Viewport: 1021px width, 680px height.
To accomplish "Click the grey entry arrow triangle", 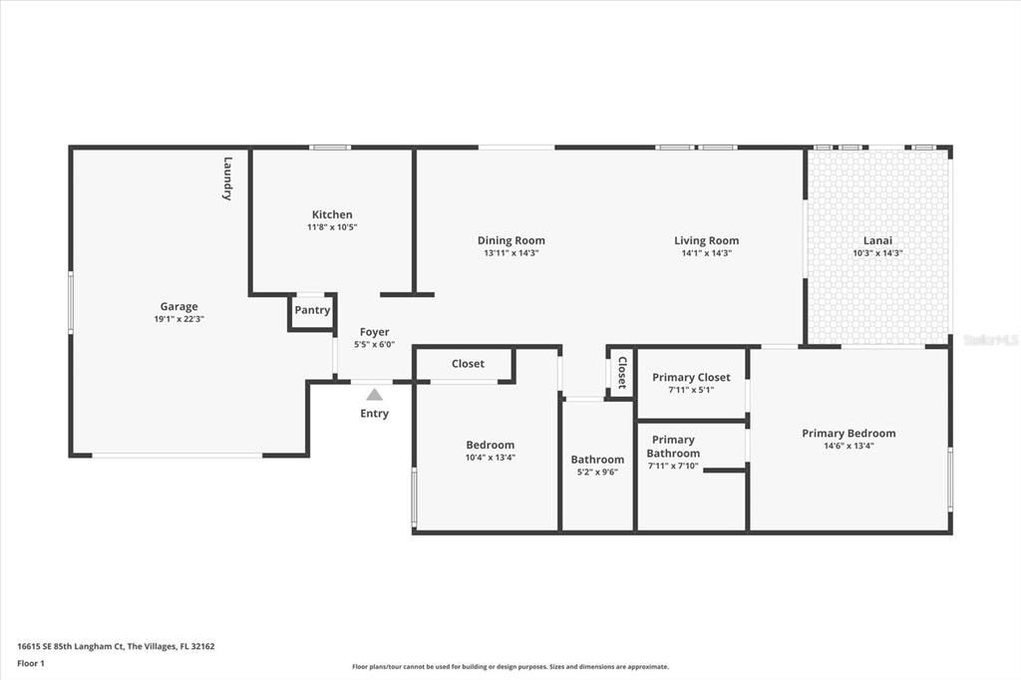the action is (x=375, y=394).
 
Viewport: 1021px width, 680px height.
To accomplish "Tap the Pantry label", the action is (x=312, y=310).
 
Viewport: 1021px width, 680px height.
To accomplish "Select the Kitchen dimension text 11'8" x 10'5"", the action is (x=332, y=227).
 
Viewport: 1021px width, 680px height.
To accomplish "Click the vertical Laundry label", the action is (x=227, y=178).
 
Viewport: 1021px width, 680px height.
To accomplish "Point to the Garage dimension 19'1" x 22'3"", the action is (x=179, y=319).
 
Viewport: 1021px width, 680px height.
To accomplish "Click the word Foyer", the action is (x=375, y=332).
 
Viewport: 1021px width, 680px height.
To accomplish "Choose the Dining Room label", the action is (x=511, y=240).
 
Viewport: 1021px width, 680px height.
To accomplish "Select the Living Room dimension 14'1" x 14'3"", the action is (x=707, y=253).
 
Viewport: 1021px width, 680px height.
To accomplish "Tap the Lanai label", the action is (x=877, y=240).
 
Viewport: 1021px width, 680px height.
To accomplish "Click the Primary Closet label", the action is (x=691, y=377).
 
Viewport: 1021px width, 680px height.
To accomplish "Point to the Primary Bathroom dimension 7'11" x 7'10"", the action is (x=673, y=466).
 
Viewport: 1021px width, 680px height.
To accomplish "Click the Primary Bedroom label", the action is (x=849, y=433).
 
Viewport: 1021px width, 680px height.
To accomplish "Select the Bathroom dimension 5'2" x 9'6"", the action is (x=597, y=473).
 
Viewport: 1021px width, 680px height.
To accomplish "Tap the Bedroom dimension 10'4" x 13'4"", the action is (x=491, y=458).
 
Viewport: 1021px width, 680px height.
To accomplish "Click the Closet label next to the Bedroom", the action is (x=469, y=364).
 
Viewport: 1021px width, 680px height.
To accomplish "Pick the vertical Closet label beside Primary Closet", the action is (x=622, y=373).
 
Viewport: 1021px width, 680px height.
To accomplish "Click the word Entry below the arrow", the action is (x=375, y=414).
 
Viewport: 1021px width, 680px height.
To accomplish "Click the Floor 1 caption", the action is (x=31, y=664).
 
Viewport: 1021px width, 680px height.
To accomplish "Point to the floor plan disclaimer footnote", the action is (x=510, y=666).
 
